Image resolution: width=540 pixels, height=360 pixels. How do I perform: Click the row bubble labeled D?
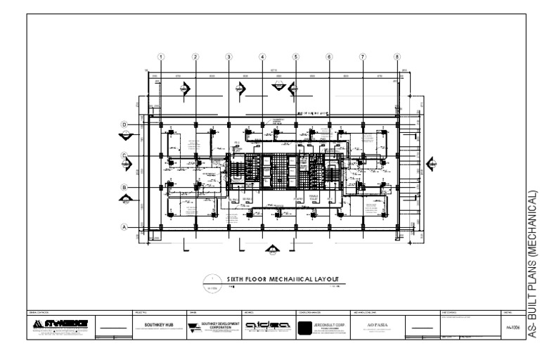coord(124,125)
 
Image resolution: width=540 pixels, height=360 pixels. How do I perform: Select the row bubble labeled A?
coord(124,226)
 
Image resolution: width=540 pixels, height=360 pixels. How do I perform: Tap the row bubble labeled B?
coord(124,188)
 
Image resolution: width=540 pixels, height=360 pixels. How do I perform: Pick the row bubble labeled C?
coord(124,156)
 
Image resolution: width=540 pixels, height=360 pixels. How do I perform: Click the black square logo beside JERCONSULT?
coord(305,328)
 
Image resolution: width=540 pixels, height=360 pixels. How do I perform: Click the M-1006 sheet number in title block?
coord(513,328)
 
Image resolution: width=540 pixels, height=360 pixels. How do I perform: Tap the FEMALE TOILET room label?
coord(323,198)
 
